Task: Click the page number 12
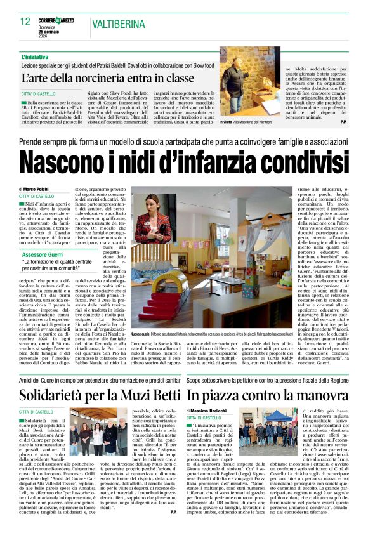pos(25,21)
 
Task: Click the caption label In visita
pos(229,122)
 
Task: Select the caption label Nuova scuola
pos(141,334)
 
